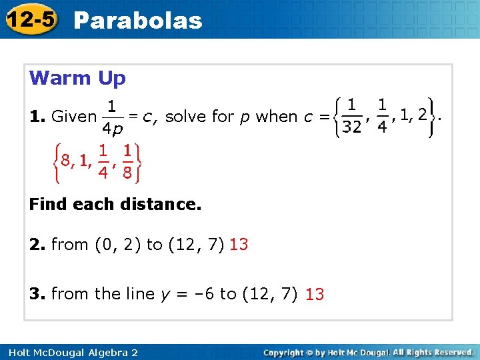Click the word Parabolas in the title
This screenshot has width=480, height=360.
[138, 20]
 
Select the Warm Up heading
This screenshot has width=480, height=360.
[77, 78]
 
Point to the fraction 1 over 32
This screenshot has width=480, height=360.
[352, 116]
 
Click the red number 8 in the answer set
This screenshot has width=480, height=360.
[65, 160]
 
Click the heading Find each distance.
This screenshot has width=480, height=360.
[115, 205]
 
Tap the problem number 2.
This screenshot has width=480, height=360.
[36, 245]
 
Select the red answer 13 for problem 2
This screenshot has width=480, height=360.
[239, 245]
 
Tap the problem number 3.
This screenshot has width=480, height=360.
[36, 293]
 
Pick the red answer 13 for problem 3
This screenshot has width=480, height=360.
[315, 294]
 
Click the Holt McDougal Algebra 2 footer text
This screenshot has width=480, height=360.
[70, 352]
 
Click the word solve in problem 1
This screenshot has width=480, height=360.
[185, 117]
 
